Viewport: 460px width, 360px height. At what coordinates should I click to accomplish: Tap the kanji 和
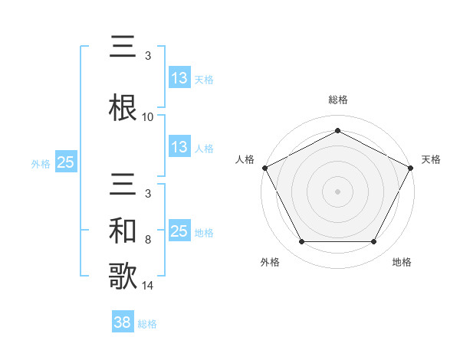(x=124, y=230)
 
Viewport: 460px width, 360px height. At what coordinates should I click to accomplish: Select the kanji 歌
(x=124, y=275)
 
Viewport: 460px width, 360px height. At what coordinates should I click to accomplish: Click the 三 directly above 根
(x=124, y=47)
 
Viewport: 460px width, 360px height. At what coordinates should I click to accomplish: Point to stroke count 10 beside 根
(x=148, y=116)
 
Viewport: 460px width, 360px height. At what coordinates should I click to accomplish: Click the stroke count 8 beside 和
(x=148, y=239)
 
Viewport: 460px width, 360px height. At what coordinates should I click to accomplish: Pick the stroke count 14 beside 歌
(x=148, y=286)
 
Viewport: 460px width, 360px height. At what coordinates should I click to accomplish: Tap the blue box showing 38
(x=123, y=323)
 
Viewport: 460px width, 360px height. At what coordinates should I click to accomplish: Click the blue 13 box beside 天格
(x=179, y=78)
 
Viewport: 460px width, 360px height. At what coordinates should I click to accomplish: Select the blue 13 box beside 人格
(x=179, y=147)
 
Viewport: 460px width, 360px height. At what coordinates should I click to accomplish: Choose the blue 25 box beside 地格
(x=179, y=231)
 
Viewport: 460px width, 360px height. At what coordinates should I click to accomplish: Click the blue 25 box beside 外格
(x=65, y=162)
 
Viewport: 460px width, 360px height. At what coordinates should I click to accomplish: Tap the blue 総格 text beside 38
(x=147, y=324)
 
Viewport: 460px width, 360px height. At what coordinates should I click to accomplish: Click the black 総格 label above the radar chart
(x=337, y=100)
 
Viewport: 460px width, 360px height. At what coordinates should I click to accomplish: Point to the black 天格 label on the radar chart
(x=431, y=159)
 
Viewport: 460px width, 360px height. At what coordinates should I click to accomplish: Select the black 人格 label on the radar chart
(x=245, y=159)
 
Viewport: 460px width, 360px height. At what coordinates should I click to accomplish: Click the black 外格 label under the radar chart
(x=270, y=262)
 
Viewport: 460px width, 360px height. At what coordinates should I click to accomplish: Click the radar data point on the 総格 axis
(x=337, y=131)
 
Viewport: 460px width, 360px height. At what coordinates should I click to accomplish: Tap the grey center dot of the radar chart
(x=337, y=191)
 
